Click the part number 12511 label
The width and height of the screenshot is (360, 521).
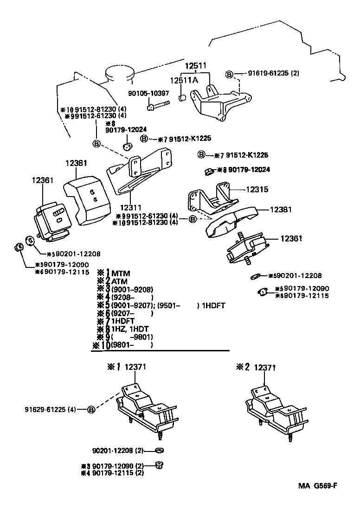point(196,66)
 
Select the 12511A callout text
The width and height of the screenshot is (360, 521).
point(184,80)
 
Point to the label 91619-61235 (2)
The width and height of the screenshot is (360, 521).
point(273,73)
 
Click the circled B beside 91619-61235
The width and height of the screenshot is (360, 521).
point(229,74)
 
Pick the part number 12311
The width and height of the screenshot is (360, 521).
point(130,208)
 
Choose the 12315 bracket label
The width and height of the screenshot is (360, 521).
point(257,190)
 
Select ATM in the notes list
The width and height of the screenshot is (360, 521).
point(119,281)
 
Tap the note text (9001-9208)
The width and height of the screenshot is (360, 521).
point(132,289)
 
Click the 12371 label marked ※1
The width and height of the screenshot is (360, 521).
point(135,367)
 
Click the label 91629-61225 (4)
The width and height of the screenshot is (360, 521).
point(51,409)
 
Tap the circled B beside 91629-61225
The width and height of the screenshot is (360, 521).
point(91,409)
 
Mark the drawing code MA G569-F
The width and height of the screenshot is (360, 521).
point(317,486)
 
